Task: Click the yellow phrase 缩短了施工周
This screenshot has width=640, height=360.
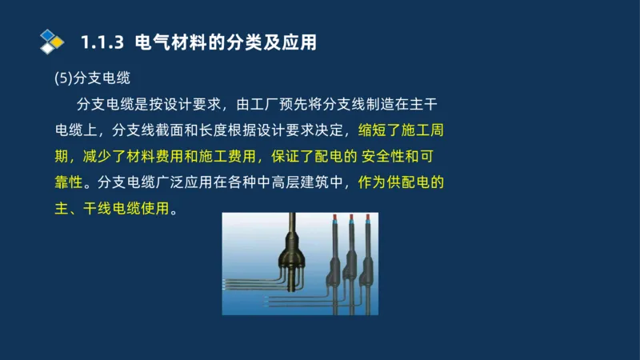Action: (x=407, y=130)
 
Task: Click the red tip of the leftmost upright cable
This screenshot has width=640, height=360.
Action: (x=334, y=217)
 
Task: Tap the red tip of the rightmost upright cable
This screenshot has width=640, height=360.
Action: (x=368, y=217)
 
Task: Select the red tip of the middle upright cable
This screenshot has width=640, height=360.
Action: (x=351, y=217)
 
